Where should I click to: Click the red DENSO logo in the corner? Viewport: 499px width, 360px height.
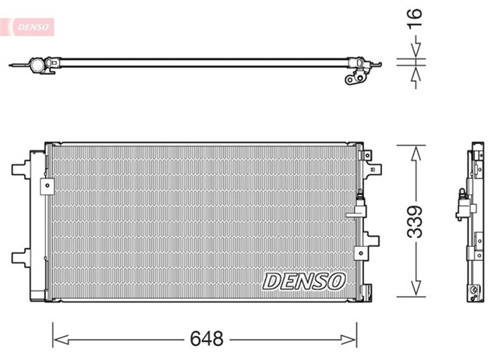29,26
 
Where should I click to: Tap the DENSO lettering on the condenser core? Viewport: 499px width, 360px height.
303,280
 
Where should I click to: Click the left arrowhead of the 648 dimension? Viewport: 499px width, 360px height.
59,340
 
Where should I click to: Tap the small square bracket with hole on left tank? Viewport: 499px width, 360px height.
47,185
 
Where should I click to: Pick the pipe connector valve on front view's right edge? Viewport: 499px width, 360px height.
359,204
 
